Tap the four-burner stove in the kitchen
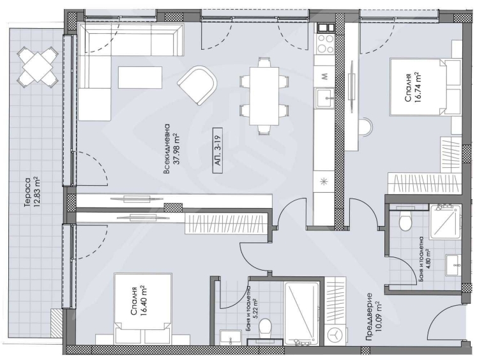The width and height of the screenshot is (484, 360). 326,43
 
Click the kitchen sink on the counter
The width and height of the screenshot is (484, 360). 325,96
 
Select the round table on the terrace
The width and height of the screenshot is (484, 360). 35,67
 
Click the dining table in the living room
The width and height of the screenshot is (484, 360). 263,94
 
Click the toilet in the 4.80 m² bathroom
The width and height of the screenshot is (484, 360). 404,221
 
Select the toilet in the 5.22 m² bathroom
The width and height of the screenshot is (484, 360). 268,327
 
